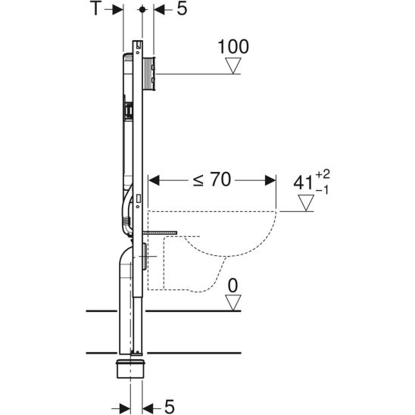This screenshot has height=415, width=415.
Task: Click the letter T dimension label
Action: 96,9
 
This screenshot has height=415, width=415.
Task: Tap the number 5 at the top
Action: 182,9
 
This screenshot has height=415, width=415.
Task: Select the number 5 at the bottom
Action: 170,406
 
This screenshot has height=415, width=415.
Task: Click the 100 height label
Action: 233,47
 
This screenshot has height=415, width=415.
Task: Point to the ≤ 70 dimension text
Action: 212,179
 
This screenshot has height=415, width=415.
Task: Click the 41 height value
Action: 304,183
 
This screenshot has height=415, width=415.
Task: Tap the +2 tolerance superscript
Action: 323,174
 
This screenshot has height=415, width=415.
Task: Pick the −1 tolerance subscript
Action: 322,190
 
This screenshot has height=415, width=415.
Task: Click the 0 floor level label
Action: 233,286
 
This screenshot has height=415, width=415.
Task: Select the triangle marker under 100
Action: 233,65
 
